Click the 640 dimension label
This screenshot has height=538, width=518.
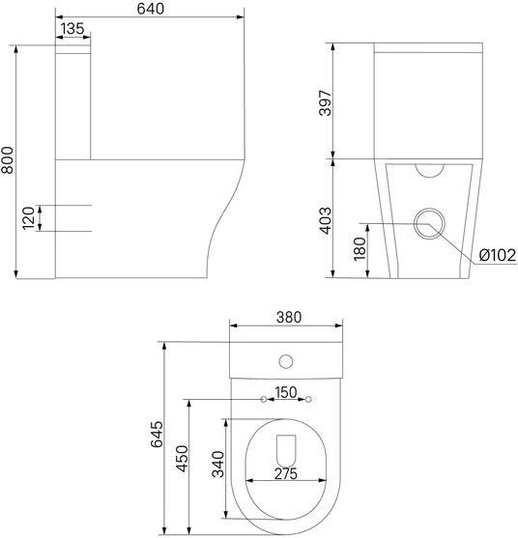coord(151,9)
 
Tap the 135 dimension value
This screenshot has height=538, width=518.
coord(72,29)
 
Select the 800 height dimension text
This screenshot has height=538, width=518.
coord(7,160)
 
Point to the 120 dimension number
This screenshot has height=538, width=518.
coord(28,218)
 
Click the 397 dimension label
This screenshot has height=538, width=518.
coord(326,103)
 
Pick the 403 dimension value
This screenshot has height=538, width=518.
coord(326,220)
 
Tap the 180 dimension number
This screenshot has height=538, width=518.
coord(360,249)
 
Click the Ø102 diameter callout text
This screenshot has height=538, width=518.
coord(498,255)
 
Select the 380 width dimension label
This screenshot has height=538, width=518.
coord(289,318)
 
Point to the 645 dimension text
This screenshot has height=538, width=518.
coord(157,435)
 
